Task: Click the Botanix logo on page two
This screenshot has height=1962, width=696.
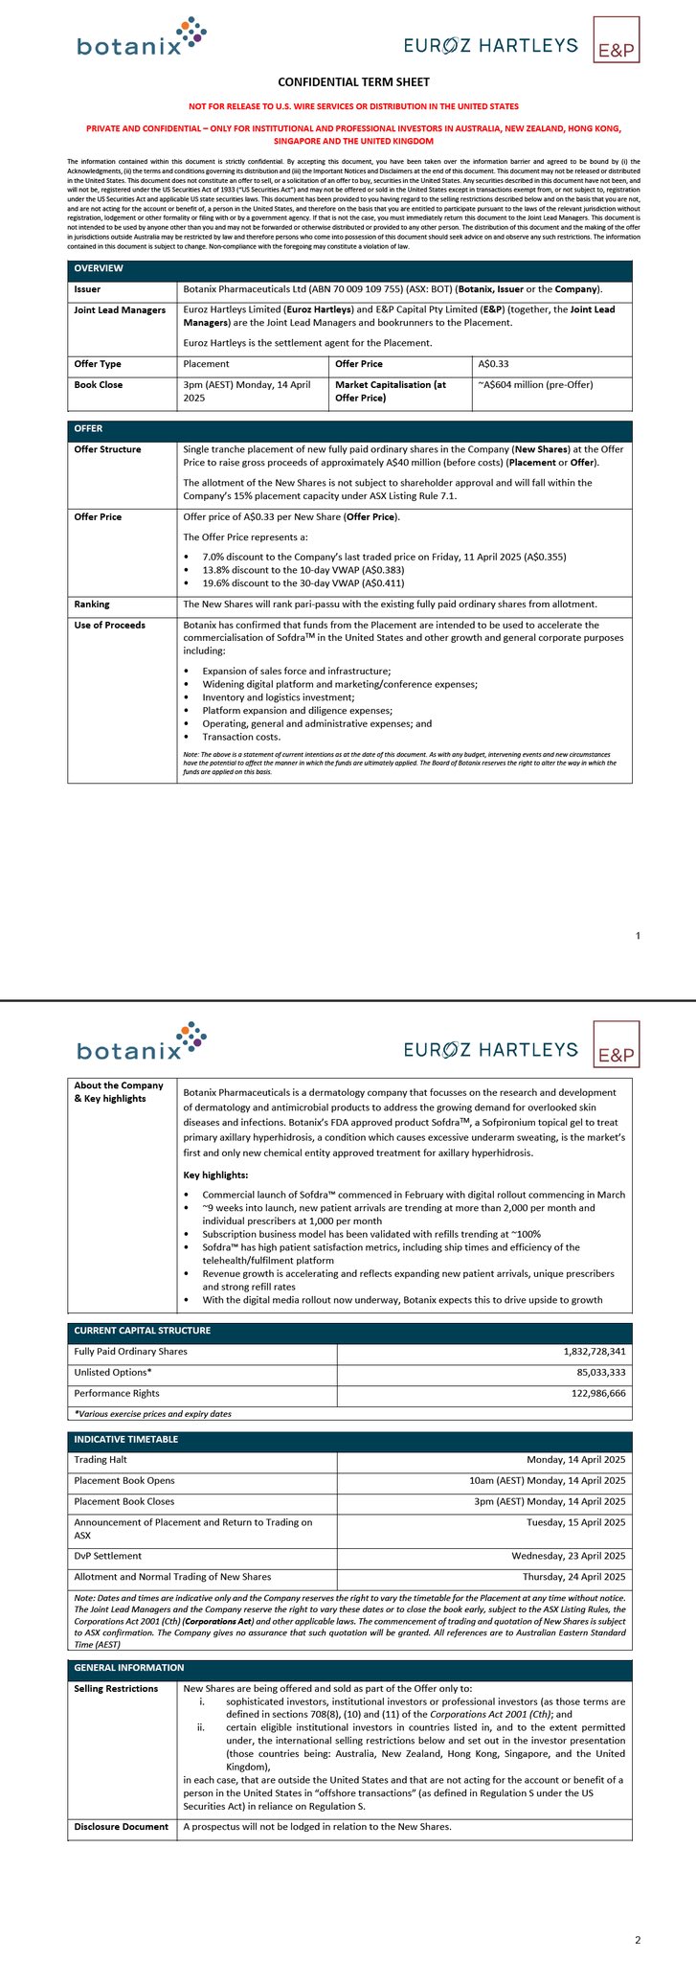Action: pos(142,1042)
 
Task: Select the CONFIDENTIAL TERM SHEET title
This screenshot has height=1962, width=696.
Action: pos(348,82)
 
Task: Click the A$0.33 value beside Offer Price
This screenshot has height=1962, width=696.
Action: pos(493,364)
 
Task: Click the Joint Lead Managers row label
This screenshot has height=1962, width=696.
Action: pos(120,310)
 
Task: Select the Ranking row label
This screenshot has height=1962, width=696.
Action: pos(92,605)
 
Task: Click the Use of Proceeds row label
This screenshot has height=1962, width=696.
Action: pos(109,626)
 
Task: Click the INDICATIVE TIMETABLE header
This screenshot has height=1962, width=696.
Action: pos(126,1439)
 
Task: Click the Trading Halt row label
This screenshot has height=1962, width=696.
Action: pos(100,1460)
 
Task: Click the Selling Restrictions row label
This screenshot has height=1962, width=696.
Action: pos(116,1688)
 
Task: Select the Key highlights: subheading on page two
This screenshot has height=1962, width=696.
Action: pos(215,1175)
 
